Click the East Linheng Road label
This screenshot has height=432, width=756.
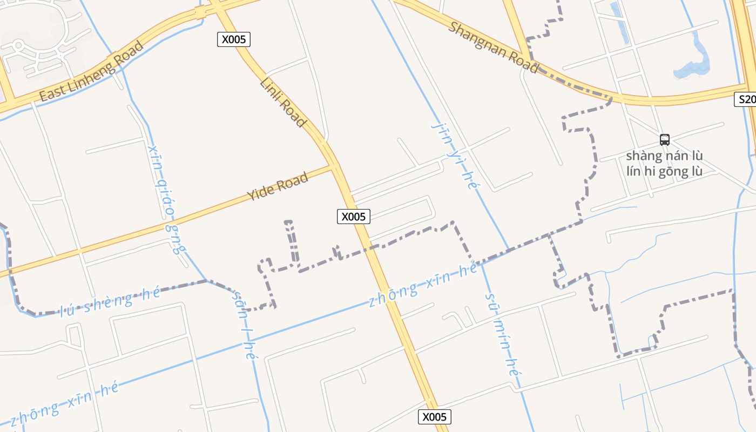point(91,71)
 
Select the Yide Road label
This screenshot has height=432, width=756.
point(278,186)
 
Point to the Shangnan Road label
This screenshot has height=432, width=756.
point(492,48)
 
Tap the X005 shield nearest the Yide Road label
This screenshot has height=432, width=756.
point(354,217)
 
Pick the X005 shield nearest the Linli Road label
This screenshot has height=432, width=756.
point(234,39)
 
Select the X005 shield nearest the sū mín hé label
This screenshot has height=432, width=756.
point(434,417)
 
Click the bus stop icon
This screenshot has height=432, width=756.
point(664,140)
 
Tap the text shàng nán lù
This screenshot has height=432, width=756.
point(664,156)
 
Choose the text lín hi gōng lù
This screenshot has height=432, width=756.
point(664,172)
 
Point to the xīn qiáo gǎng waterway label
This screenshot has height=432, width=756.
point(167,199)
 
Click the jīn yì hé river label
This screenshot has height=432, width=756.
point(456,155)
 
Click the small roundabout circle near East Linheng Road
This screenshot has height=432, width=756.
point(19,44)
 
